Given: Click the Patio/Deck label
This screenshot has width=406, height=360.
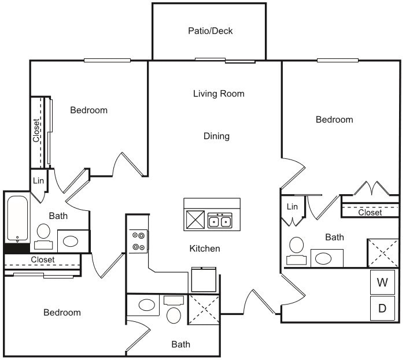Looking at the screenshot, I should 210,31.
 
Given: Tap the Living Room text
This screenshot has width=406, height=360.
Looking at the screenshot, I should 219,94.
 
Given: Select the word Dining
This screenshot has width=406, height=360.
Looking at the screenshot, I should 216,136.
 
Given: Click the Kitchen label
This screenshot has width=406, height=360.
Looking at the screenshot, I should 205,248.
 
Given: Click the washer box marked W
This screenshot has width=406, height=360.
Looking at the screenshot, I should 382,283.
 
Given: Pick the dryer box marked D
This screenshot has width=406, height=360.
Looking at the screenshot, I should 382,308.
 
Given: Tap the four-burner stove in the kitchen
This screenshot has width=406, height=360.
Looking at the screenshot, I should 139,241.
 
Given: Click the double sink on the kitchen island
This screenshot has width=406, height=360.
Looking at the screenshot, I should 220,221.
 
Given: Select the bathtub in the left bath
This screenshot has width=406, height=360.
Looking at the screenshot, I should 17,220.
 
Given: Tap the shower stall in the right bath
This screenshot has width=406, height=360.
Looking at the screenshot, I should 383,253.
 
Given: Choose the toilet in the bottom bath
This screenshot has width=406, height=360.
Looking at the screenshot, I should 174,315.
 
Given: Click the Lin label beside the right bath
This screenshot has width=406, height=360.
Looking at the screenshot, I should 292,206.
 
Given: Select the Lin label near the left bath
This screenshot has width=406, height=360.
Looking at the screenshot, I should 38,181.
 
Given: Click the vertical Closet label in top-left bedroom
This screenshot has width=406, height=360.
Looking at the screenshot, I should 36,131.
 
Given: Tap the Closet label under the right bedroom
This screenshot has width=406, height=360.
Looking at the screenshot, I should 370,213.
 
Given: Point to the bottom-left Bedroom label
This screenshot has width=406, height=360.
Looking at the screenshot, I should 62,313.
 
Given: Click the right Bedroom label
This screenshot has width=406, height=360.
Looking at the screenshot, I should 334,120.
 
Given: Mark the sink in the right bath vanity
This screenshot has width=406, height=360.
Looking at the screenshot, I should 327,258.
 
